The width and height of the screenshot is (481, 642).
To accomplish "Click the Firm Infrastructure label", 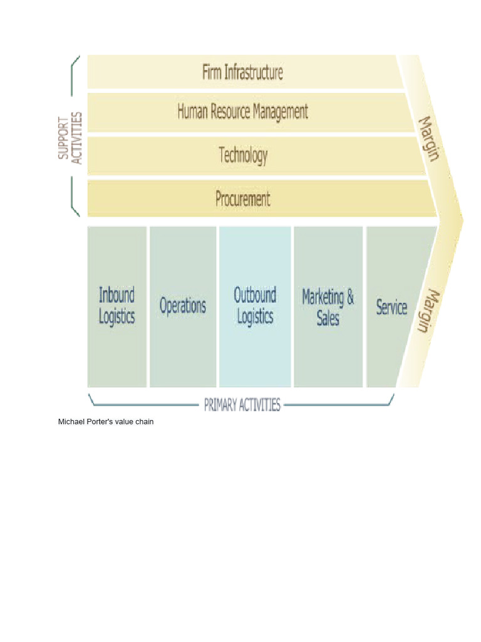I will [x=242, y=72].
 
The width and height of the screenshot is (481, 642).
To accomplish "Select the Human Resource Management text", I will [x=243, y=112].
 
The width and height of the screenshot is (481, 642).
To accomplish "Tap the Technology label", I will [x=243, y=154].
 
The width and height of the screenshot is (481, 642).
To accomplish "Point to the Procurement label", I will [x=243, y=199].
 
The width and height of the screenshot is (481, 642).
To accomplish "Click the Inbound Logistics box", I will [x=117, y=307].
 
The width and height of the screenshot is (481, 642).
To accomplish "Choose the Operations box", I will [x=183, y=307].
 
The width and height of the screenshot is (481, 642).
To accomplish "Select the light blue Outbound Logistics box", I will [x=255, y=307].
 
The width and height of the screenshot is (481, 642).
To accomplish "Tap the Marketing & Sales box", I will [x=328, y=307].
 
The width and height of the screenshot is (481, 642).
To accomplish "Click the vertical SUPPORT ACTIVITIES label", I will [x=70, y=138].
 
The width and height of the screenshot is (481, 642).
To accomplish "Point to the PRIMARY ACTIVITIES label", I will [x=242, y=404].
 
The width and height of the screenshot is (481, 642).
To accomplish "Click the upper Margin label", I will [x=428, y=138].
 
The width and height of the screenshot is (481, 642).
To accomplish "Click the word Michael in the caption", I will [x=71, y=423].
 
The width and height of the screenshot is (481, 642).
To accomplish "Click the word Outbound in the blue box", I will [x=255, y=295].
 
